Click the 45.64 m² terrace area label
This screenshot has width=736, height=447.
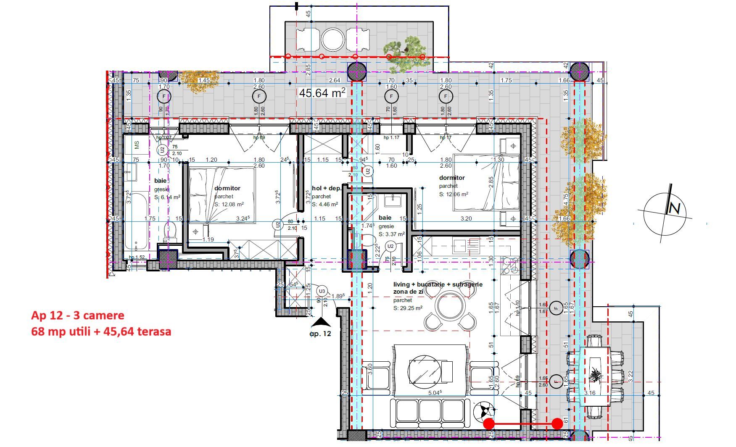click(322, 92)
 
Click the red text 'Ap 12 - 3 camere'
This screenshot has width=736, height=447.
click(77, 316)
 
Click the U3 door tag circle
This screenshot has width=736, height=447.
click(322, 291)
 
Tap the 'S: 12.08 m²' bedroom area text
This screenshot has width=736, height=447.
click(229, 204)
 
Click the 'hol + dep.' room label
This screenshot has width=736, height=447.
click(326, 188)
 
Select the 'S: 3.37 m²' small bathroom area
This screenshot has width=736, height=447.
click(391, 234)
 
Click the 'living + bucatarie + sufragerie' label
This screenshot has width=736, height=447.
click(438, 284)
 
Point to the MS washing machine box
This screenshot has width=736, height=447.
click(137, 145)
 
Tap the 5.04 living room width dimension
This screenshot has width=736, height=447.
click(435, 393)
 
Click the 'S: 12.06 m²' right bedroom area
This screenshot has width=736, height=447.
click(454, 194)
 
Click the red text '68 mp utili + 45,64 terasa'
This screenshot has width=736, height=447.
click(101, 331)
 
